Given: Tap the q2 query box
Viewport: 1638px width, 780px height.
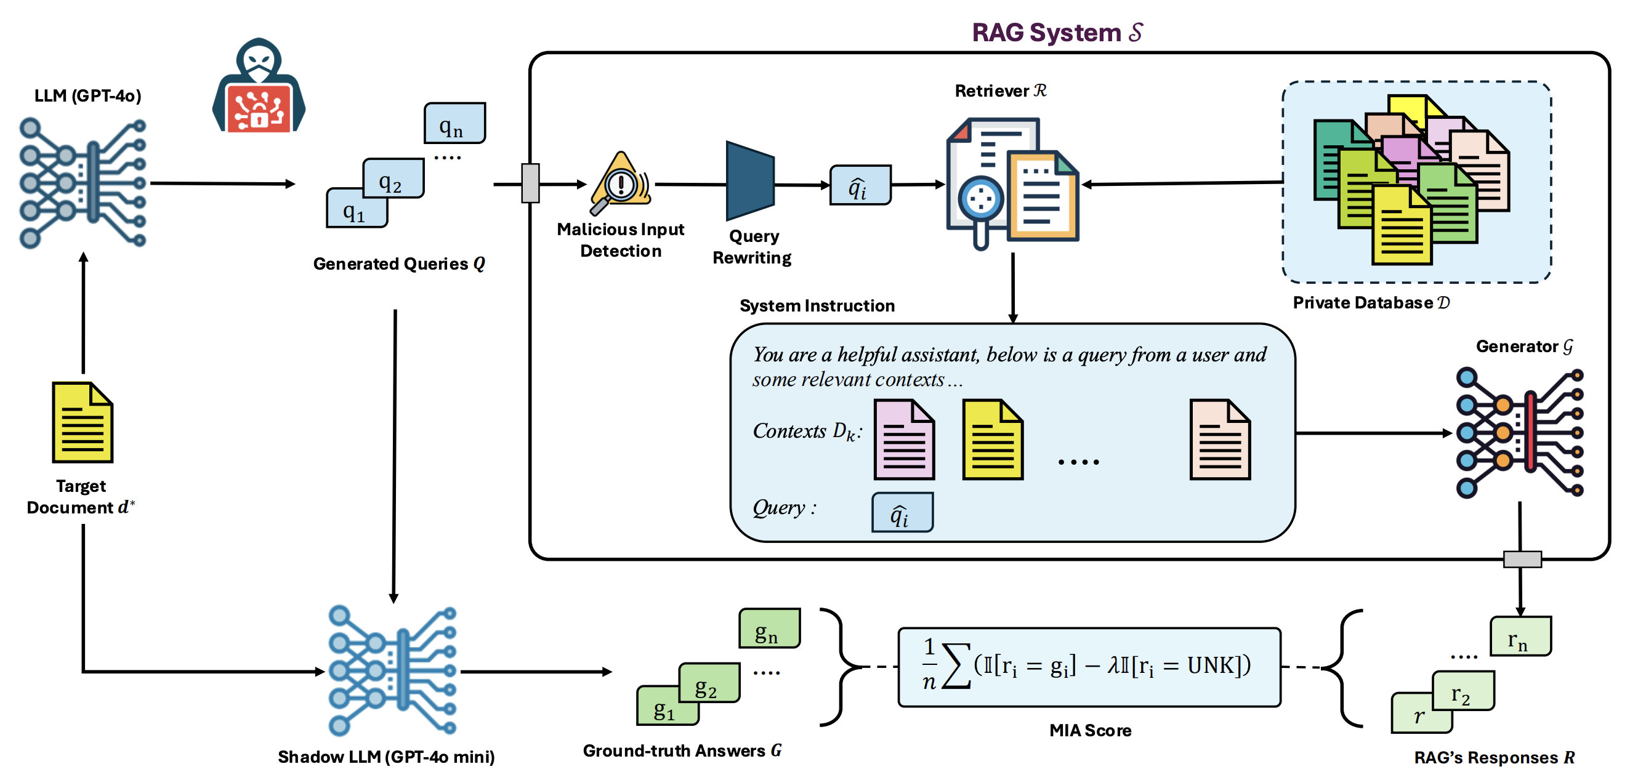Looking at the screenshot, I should [393, 178].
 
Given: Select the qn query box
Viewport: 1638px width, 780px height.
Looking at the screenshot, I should [454, 123].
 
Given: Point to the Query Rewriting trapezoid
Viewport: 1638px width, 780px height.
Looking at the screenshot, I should [749, 181].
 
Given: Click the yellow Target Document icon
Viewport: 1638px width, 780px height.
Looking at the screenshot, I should [82, 423].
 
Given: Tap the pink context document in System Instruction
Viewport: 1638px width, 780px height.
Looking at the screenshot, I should [903, 440].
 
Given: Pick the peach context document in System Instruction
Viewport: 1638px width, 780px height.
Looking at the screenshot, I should [1220, 440].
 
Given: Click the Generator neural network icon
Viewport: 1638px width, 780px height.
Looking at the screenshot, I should [1519, 432].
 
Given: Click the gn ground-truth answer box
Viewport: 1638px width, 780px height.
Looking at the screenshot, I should [769, 628].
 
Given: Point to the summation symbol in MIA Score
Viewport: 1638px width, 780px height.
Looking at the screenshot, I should [956, 665].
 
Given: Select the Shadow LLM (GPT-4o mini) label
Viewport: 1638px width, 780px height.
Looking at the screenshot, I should [386, 757].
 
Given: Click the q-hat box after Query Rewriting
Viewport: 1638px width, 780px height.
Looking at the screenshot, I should [860, 185].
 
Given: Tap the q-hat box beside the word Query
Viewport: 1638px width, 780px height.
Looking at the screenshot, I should [902, 512].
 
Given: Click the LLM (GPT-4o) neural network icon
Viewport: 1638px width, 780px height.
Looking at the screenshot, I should [83, 182].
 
